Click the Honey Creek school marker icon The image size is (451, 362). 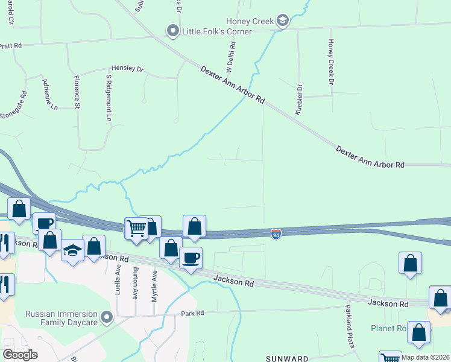(x=282, y=21)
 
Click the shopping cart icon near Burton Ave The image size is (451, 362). (x=136, y=228)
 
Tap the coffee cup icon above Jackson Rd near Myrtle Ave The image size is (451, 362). (x=191, y=258)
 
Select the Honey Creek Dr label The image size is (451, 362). (x=330, y=61)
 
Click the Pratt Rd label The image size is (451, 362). (x=11, y=45)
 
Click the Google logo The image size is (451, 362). (x=20, y=355)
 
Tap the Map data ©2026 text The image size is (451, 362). (x=425, y=357)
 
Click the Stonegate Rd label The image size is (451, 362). (x=13, y=106)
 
